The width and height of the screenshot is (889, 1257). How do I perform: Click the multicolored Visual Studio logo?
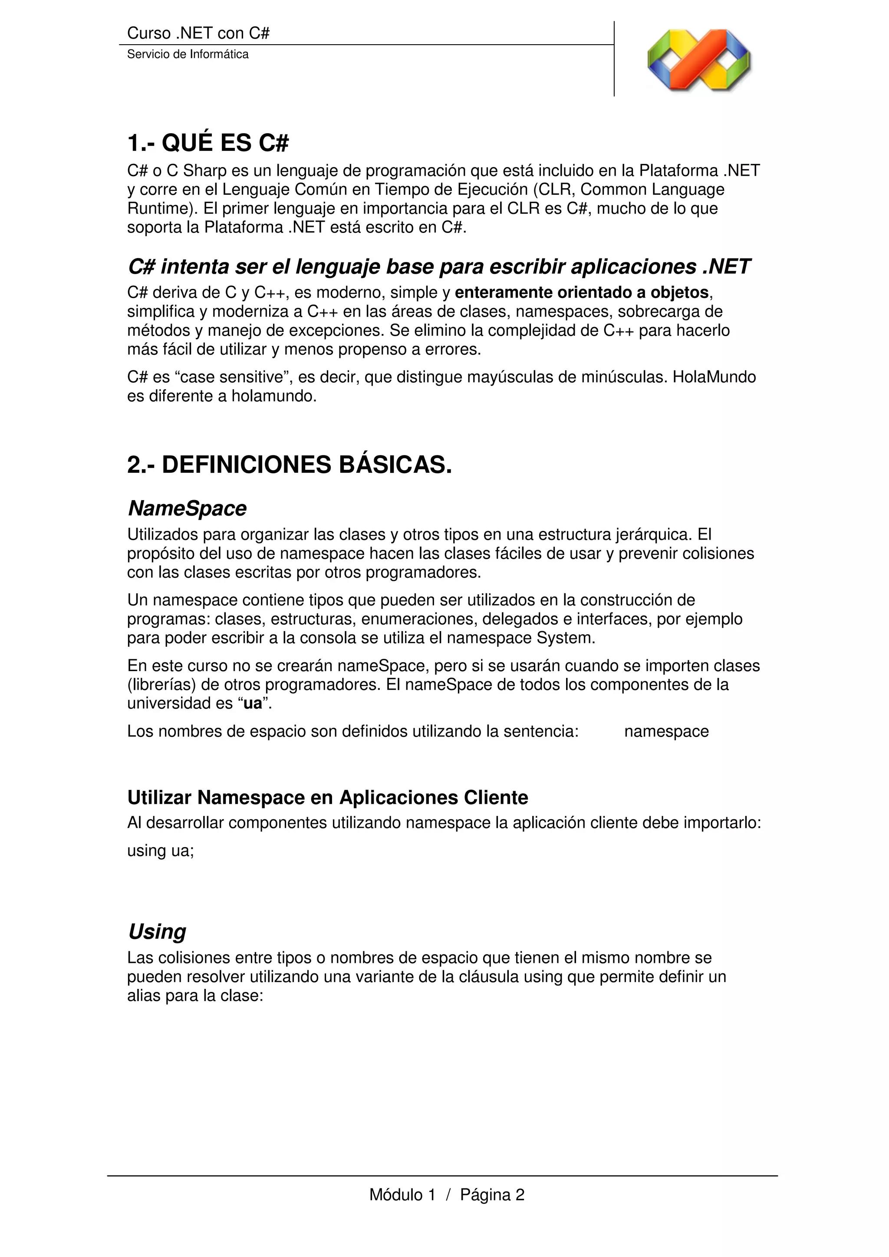[699, 60]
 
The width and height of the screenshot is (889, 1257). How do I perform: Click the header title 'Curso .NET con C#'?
[198, 33]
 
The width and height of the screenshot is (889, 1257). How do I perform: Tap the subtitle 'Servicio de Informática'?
[188, 54]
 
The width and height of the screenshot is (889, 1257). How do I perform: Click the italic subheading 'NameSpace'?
[187, 509]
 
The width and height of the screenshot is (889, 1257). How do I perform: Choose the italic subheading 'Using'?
[157, 932]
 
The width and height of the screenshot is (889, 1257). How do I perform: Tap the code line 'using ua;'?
[161, 851]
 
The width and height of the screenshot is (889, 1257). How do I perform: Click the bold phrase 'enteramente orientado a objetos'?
[582, 293]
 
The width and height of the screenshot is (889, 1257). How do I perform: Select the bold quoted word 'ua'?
[253, 704]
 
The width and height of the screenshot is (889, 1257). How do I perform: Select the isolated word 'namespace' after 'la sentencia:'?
[666, 731]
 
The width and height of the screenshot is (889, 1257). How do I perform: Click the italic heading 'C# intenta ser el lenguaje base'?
[438, 267]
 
